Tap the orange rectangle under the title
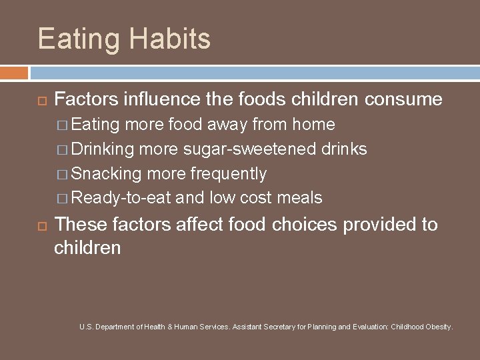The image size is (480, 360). (x=14, y=72)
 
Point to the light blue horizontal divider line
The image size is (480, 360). (x=253, y=68)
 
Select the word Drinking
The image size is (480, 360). (x=102, y=149)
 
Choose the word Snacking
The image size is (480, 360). (x=106, y=173)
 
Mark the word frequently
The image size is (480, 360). (x=228, y=173)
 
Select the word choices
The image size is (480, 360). (x=305, y=225)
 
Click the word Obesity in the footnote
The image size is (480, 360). (x=437, y=327)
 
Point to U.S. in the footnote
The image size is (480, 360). (x=85, y=327)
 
